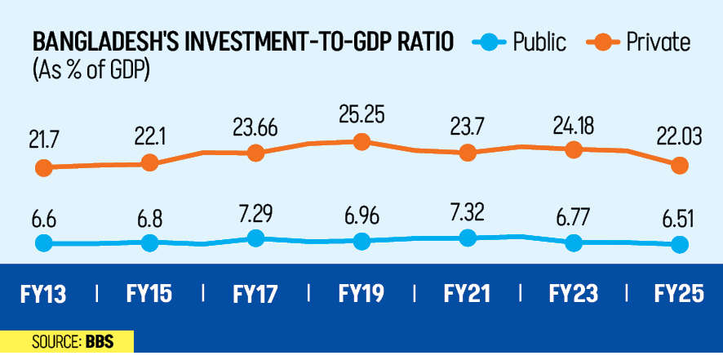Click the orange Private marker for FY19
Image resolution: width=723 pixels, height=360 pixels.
pos(361,142)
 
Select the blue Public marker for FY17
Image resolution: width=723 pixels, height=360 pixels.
pos(255,238)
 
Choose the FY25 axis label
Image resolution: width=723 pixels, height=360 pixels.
pos(678,293)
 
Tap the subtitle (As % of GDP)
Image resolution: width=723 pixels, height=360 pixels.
pos(92,70)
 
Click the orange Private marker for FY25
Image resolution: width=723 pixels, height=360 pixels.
pos(678,166)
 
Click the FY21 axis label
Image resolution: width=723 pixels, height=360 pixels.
pos(468,293)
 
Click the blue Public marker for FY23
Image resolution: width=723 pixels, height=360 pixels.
pos(574,242)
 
